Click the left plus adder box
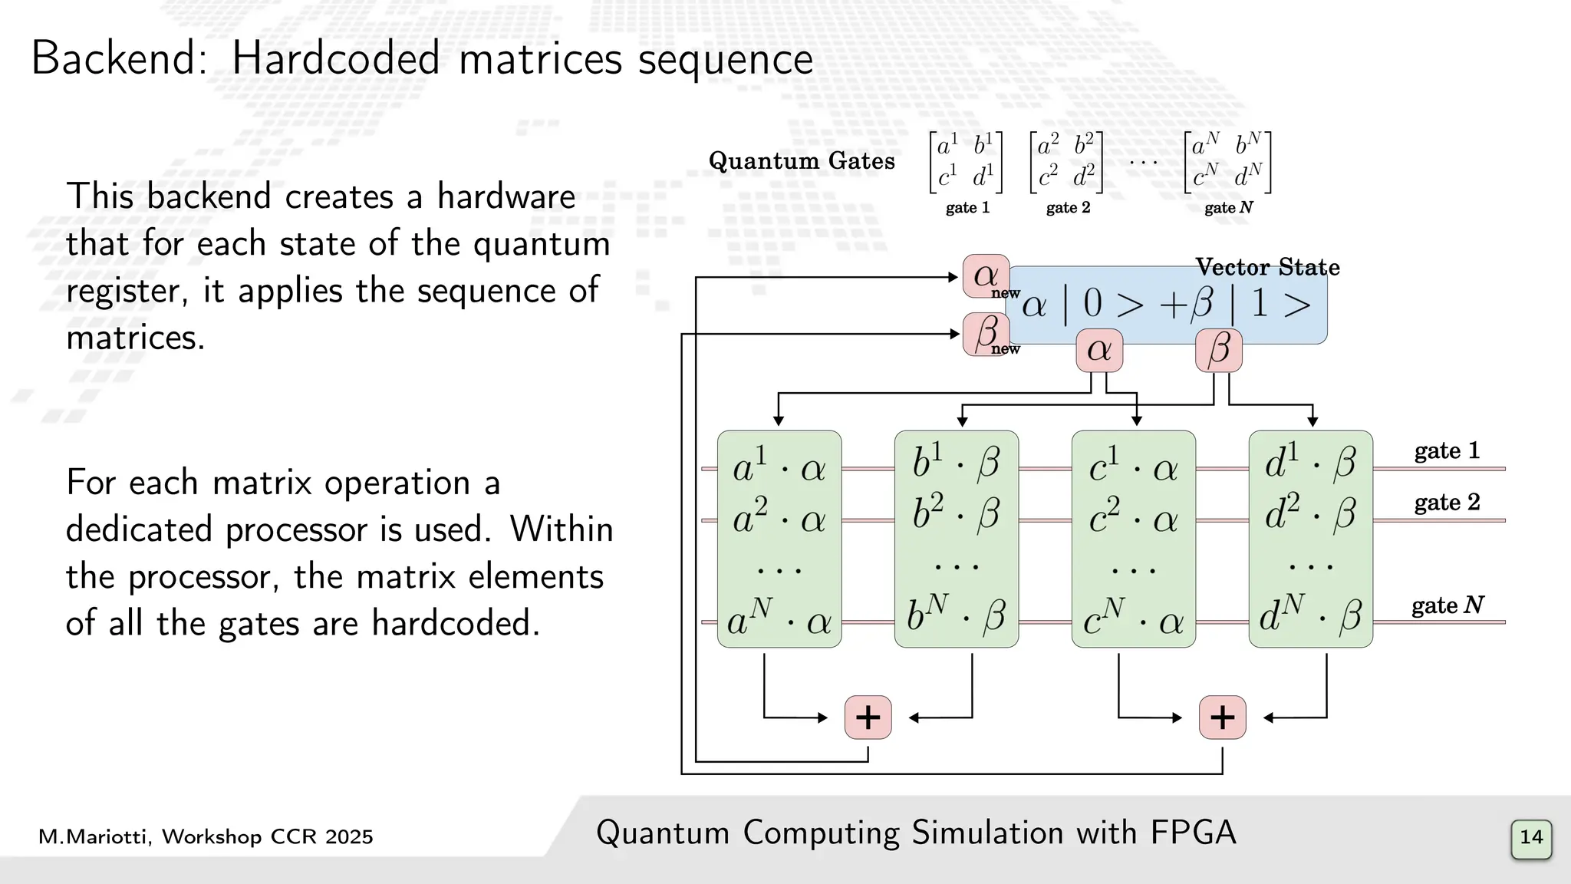tap(868, 717)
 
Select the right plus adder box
tap(1222, 717)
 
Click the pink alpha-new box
tap(986, 276)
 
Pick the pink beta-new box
tap(986, 333)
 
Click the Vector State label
tap(1267, 267)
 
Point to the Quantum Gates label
tap(801, 160)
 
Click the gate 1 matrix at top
tap(966, 162)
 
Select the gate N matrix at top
tap(1227, 162)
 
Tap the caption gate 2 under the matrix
tap(1068, 208)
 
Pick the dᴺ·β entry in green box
tap(1310, 615)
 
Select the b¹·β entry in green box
tap(956, 462)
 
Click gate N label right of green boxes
tap(1447, 605)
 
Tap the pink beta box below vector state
tap(1218, 351)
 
